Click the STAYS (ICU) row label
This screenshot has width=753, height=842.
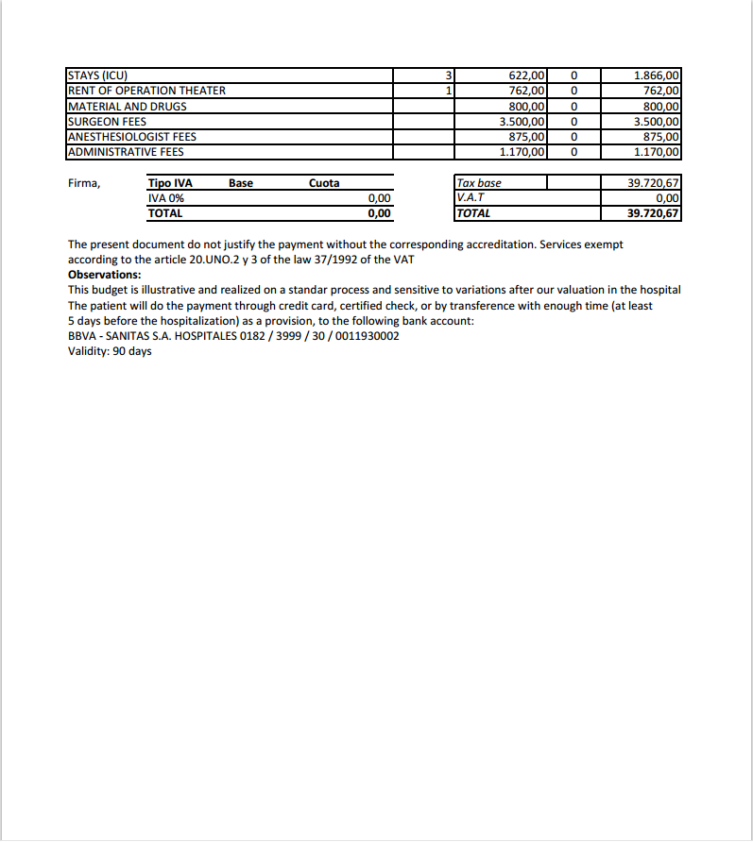pos(97,76)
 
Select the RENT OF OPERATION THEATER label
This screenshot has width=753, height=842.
pos(146,91)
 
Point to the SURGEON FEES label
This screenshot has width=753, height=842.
pos(107,122)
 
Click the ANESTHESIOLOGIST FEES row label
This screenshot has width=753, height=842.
pos(132,137)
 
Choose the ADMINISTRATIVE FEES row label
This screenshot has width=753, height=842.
pos(126,152)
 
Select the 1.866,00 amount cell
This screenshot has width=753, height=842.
pos(656,76)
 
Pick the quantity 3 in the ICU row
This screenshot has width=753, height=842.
pos(450,76)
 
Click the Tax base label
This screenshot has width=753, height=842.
pos(479,183)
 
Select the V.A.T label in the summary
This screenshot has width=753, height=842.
pos(471,198)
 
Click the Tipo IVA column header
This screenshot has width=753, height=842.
pos(170,183)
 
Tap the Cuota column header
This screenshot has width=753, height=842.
pos(324,183)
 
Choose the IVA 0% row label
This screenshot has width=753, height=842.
pos(166,198)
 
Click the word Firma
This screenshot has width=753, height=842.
pos(84,183)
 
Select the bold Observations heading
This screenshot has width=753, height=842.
pos(105,275)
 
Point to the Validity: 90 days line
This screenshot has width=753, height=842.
pos(110,351)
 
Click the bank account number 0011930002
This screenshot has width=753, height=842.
pos(367,336)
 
